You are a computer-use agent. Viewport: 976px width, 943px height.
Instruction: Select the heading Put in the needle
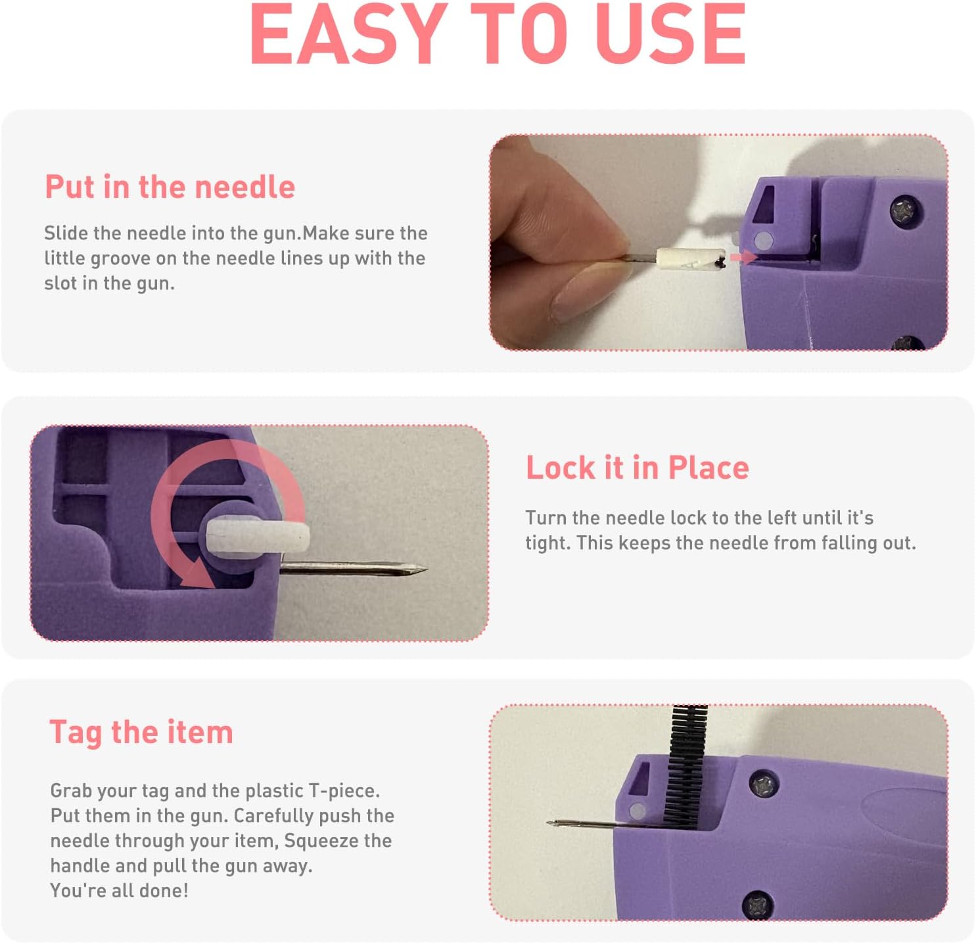170,187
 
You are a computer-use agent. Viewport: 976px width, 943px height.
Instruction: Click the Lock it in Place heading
637,468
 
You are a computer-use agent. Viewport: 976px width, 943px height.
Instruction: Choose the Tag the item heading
141,733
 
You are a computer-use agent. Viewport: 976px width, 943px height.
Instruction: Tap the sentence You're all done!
119,891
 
